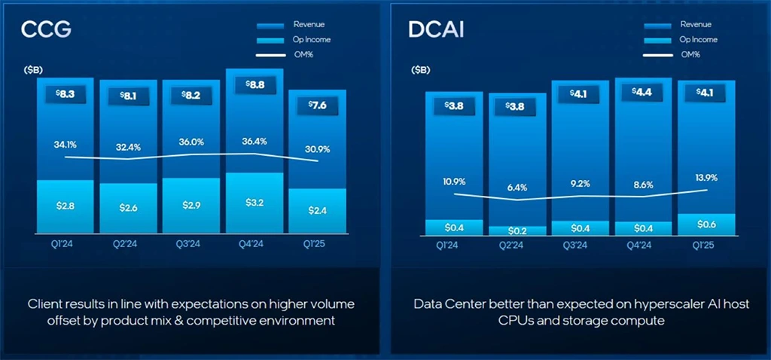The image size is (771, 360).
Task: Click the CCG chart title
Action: (47, 30)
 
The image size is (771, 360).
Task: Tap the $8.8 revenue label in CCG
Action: (254, 85)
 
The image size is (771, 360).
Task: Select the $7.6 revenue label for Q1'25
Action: (318, 104)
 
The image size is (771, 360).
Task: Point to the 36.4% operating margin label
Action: (254, 141)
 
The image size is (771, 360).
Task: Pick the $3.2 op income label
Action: (254, 202)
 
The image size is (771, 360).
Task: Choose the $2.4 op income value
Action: (318, 209)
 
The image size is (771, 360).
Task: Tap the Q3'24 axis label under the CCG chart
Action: (190, 243)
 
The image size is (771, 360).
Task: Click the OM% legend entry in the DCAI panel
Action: (690, 53)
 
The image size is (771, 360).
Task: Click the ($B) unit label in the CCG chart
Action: (33, 70)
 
